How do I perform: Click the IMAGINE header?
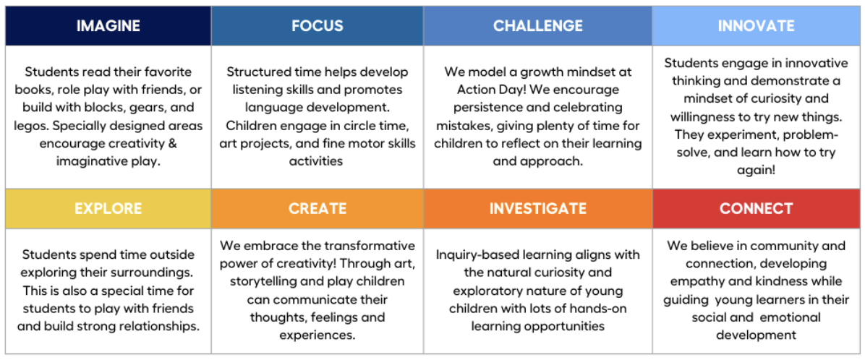(108, 25)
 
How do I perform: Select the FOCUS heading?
(318, 25)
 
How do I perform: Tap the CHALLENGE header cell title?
(538, 25)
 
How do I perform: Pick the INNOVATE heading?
(756, 25)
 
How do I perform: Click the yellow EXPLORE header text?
(108, 208)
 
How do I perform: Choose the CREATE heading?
(318, 208)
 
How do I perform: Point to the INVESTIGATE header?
(538, 208)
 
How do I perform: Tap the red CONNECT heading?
(756, 208)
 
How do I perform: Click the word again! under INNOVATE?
(756, 171)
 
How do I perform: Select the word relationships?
(164, 326)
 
